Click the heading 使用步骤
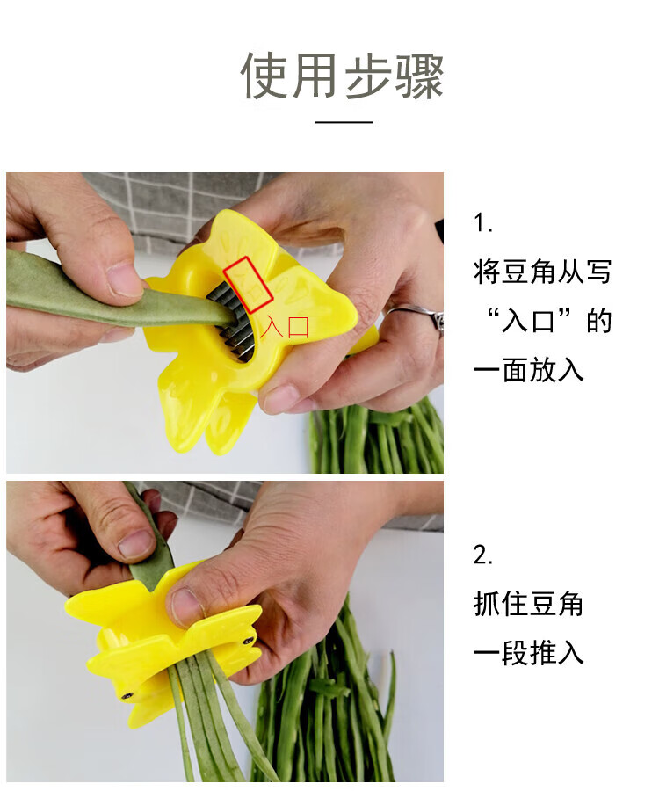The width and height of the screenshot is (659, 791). tap(342, 76)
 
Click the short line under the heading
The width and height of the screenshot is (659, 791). tap(344, 122)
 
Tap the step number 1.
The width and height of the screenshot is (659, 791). tap(483, 222)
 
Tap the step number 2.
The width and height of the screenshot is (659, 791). tap(483, 555)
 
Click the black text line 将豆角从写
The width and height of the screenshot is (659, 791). tap(542, 272)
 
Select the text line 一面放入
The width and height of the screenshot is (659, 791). tap(528, 370)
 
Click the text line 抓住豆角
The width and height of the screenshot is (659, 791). tap(528, 604)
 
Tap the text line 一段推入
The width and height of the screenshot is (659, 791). tap(528, 653)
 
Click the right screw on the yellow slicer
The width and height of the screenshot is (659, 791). tap(249, 642)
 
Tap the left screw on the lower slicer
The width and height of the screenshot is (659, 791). tap(127, 696)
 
